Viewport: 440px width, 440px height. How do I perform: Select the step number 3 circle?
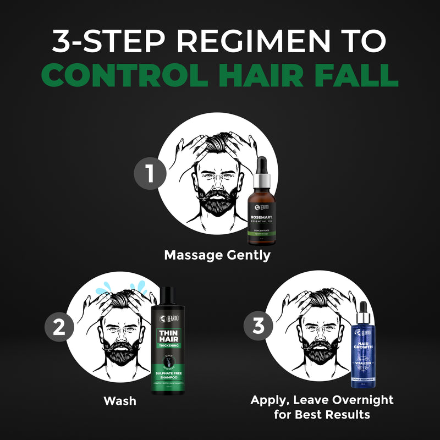(259, 327)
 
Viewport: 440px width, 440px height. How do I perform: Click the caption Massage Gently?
(217, 255)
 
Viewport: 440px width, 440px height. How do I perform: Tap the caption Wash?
(120, 401)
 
